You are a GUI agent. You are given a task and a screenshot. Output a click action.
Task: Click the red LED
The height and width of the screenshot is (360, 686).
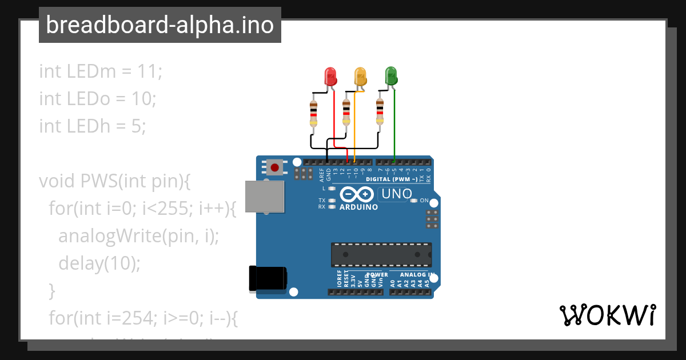(x=330, y=76)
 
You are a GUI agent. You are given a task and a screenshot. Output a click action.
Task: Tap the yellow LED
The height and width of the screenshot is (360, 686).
(x=360, y=76)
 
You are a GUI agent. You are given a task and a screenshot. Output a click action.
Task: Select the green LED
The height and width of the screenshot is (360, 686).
(x=391, y=75)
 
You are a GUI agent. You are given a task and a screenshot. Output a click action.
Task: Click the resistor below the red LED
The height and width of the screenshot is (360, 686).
(x=313, y=113)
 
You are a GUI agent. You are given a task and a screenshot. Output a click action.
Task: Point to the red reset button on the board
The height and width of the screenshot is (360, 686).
(x=275, y=167)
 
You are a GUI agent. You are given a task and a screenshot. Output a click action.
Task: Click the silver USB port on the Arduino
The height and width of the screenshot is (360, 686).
(x=265, y=197)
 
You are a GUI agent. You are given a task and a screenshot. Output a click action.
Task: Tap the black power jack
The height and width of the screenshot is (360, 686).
(x=268, y=279)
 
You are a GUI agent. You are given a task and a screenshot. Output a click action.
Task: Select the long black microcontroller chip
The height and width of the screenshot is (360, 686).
(x=381, y=254)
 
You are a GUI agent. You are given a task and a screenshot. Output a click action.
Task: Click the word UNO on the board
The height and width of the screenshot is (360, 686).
(x=397, y=194)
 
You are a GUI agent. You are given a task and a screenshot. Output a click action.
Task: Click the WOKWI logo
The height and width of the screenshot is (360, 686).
(x=607, y=315)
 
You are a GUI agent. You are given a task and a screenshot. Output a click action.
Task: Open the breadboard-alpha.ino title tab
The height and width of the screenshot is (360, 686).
(x=159, y=25)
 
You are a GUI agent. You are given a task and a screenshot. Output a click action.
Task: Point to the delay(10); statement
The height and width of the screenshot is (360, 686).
(x=99, y=263)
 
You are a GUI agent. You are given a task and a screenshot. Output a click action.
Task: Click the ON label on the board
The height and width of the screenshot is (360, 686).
(x=424, y=201)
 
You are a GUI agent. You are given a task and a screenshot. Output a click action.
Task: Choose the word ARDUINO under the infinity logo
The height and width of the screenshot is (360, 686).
(x=358, y=207)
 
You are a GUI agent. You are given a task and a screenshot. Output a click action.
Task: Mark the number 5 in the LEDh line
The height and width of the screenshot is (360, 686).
(x=136, y=126)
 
